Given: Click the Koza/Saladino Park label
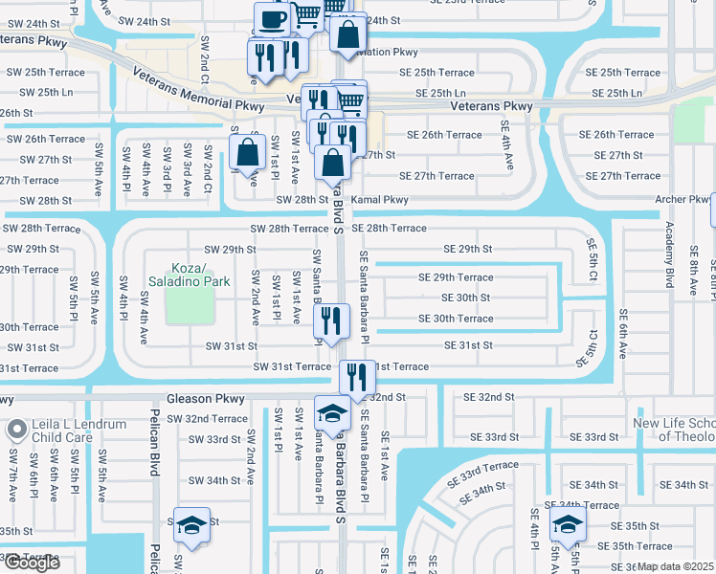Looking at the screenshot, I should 189,275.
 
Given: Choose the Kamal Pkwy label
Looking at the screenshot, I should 380,200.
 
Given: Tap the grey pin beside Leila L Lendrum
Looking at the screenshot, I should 16,430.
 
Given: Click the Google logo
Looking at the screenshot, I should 32,563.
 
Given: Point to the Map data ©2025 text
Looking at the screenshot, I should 675,566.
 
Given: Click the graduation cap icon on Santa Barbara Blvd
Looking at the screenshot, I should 332,414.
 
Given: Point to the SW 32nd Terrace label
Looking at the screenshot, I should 206,419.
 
